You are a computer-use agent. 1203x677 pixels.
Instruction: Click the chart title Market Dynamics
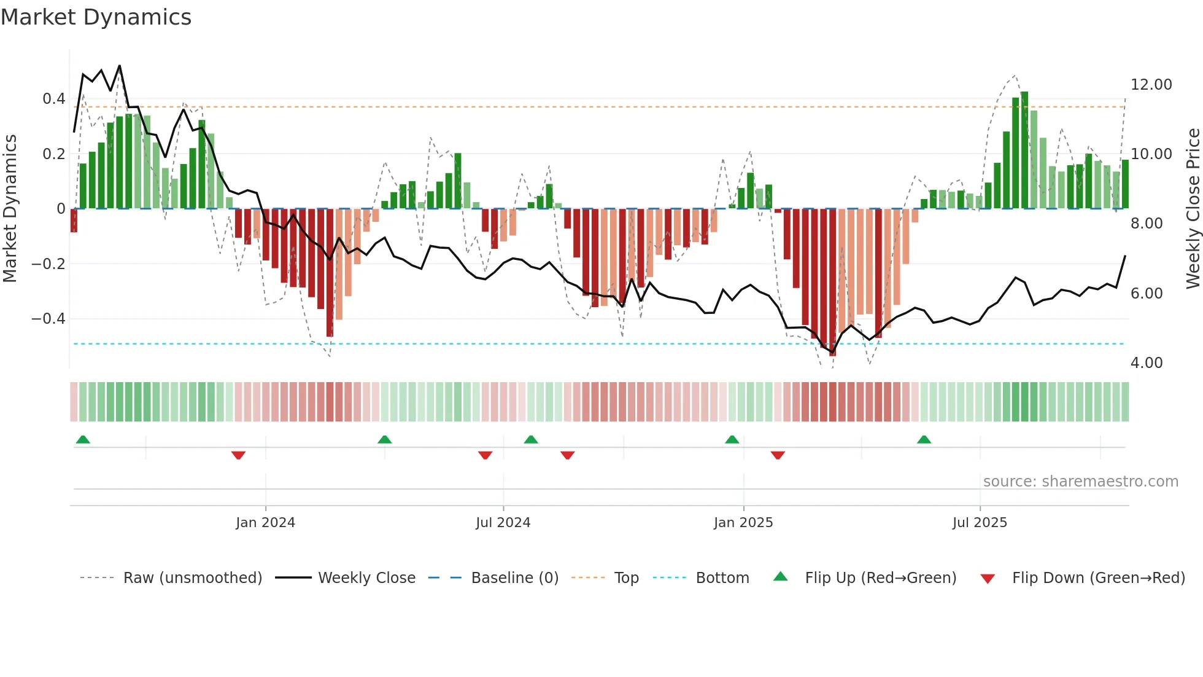click(96, 17)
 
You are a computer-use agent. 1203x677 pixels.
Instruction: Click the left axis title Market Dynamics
click(10, 208)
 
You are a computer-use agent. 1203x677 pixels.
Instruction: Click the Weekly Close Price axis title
click(1193, 208)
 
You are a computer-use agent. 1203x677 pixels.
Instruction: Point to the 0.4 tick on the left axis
click(53, 99)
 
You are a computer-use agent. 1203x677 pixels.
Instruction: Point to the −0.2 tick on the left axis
click(48, 264)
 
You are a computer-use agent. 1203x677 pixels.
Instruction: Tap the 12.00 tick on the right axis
click(1151, 85)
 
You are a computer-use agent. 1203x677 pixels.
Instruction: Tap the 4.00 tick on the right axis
click(1146, 363)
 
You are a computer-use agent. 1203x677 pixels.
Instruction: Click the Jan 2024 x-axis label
click(265, 523)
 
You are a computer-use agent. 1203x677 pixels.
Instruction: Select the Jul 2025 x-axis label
click(980, 523)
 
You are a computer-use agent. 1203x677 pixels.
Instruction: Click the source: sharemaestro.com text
click(1080, 482)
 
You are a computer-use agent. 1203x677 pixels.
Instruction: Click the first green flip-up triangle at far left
click(83, 439)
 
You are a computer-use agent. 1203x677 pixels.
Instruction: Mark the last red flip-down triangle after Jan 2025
click(778, 455)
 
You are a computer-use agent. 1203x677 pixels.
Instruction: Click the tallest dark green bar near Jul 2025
click(1024, 151)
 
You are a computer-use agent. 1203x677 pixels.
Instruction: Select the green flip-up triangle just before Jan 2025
click(732, 439)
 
